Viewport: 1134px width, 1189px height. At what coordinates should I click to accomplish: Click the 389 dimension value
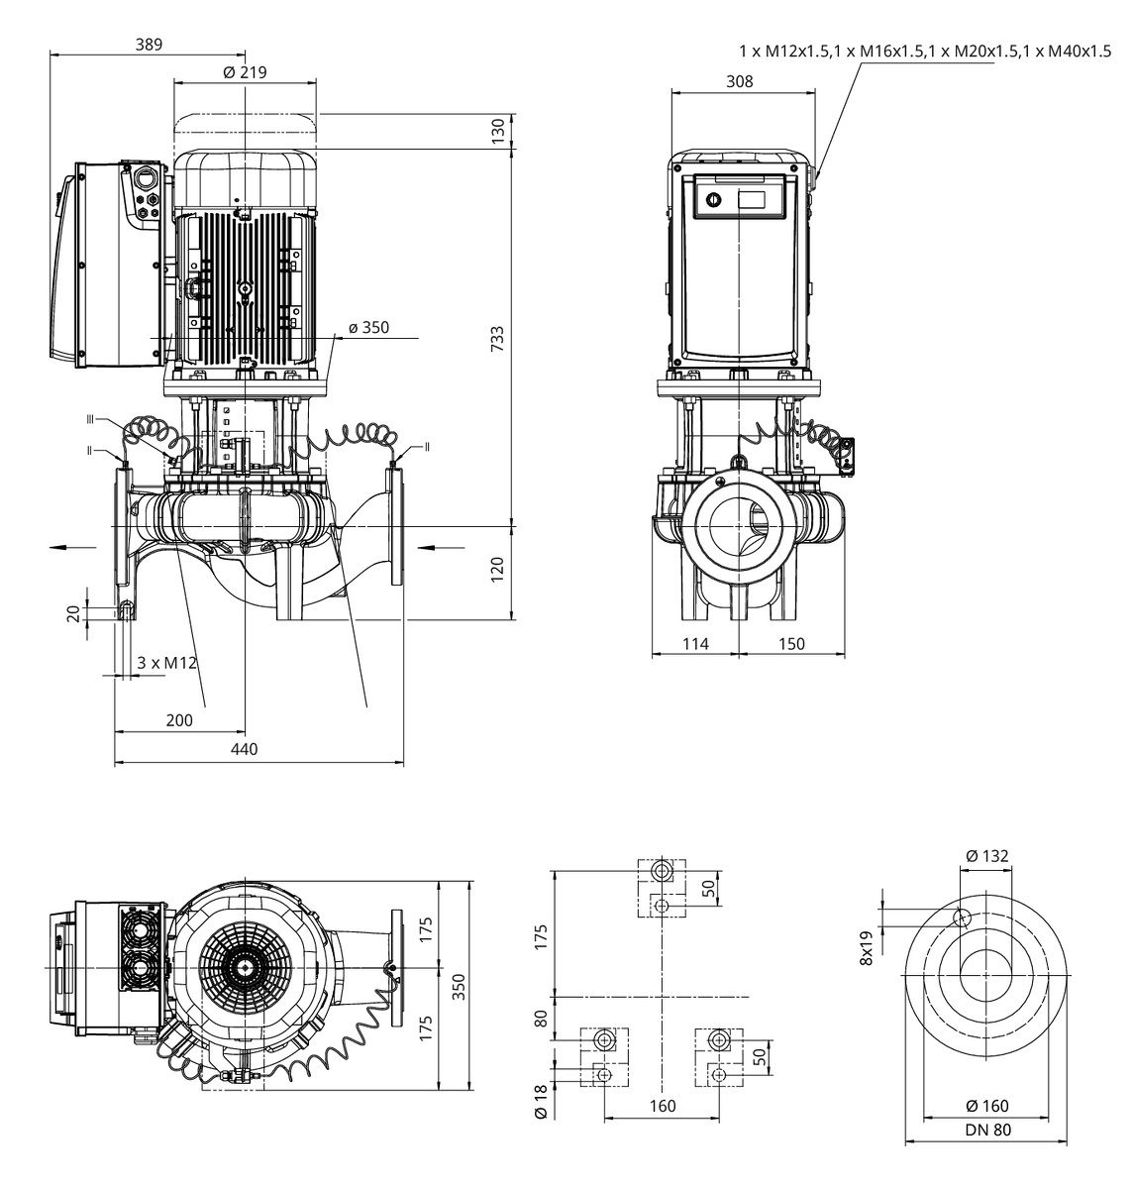tap(147, 44)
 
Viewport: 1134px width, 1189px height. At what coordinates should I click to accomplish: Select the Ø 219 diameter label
tap(245, 72)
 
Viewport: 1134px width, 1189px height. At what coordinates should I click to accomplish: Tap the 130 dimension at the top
tap(498, 129)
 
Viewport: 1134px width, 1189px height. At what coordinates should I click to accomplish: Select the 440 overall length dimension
tap(244, 749)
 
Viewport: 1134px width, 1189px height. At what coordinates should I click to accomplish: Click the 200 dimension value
tap(179, 720)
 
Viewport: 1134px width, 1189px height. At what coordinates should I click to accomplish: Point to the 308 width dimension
tap(739, 81)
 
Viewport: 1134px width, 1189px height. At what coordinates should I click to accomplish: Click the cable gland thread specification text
tap(925, 50)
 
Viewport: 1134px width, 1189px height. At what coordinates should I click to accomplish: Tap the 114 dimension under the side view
tap(696, 644)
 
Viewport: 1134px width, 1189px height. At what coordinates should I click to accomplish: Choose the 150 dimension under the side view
tap(791, 644)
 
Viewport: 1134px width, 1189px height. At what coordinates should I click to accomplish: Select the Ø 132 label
tap(986, 856)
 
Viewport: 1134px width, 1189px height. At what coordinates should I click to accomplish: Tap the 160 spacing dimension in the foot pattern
tap(662, 1106)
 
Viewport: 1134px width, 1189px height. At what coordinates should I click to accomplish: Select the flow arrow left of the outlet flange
tap(70, 546)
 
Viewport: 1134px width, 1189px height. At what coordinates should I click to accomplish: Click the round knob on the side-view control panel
tap(710, 201)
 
